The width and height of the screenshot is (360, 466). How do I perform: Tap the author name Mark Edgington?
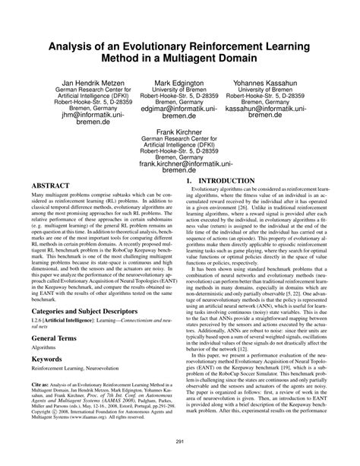point(180,81)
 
